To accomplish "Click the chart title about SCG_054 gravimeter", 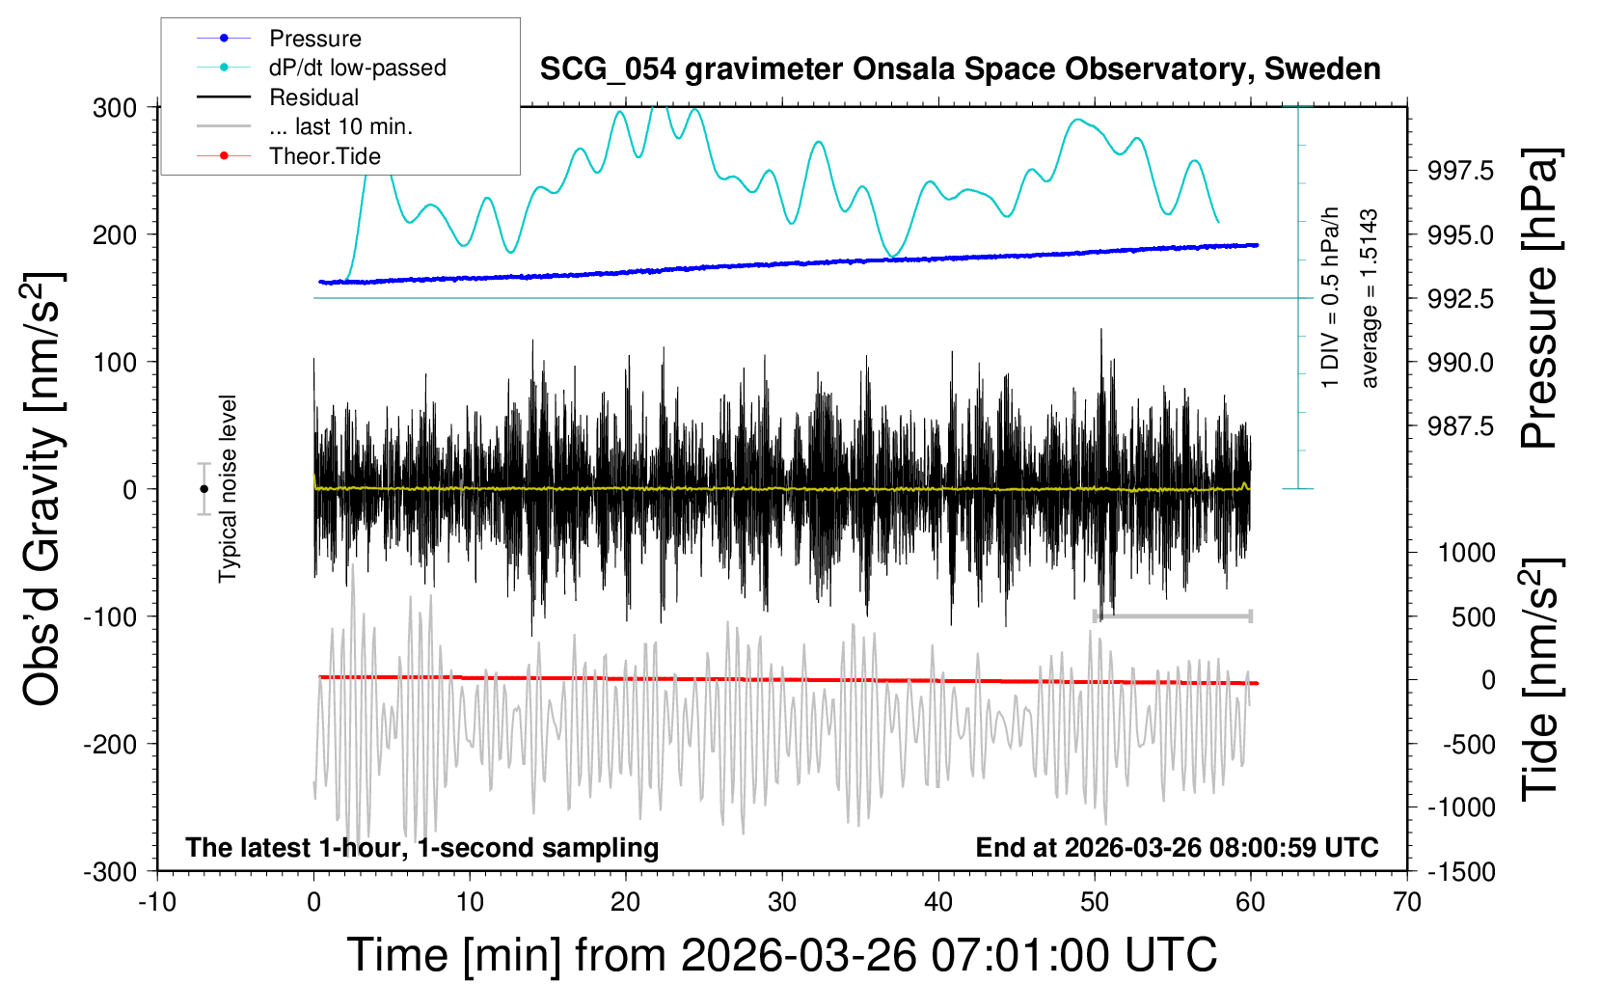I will (x=960, y=69).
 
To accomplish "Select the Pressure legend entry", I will (x=314, y=39).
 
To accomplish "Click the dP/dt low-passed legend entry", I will (x=357, y=68).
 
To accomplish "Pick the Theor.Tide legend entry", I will (x=324, y=156).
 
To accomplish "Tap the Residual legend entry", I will (x=313, y=97).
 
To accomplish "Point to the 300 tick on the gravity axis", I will (x=115, y=108).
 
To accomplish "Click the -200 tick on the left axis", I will (x=111, y=744).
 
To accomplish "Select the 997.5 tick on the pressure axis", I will (x=1460, y=171).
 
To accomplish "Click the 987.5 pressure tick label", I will (x=1460, y=426).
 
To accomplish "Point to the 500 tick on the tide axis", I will (x=1473, y=616).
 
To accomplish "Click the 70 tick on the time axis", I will (x=1407, y=902).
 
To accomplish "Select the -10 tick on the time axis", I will (x=157, y=902).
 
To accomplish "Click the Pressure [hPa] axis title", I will (x=1540, y=299).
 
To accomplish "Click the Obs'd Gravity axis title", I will (x=43, y=489).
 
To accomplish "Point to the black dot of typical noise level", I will (x=204, y=489).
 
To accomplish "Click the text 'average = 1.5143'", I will (x=1370, y=299).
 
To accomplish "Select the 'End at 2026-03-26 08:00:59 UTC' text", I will (x=1177, y=848).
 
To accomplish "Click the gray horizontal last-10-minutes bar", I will (x=1172, y=615).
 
